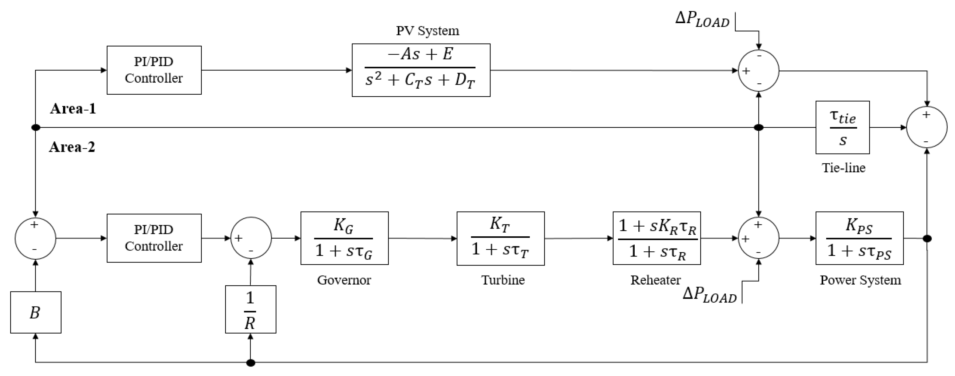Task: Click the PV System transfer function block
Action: coord(421,70)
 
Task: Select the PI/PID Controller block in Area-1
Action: coord(154,70)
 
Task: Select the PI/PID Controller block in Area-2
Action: coord(154,238)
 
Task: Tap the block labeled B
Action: coord(36,312)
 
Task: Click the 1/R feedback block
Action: coord(251,309)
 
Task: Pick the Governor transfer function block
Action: coord(344,238)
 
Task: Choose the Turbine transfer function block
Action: coord(501,238)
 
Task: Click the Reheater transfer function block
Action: coord(657,238)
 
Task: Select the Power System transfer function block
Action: coord(859,238)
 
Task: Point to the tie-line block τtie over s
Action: coord(842,128)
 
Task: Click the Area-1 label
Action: coord(73,109)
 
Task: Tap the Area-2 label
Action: coord(72,147)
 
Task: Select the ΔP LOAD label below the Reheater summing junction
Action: coord(709,295)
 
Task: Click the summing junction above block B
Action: coord(35,238)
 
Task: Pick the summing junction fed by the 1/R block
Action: coord(251,238)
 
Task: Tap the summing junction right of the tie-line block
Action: coord(926,127)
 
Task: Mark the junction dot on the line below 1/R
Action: coord(251,363)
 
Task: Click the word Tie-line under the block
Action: coord(843,168)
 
